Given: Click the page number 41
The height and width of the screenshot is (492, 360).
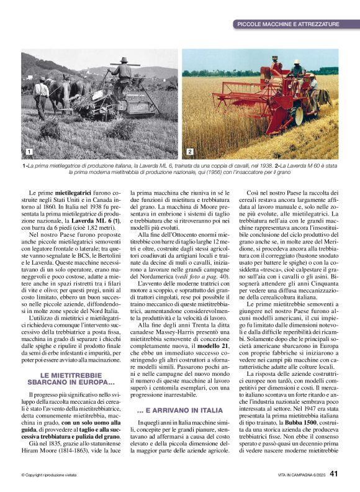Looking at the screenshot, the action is (333, 473).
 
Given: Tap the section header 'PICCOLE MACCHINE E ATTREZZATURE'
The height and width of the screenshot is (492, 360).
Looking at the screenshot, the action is (287, 24).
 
